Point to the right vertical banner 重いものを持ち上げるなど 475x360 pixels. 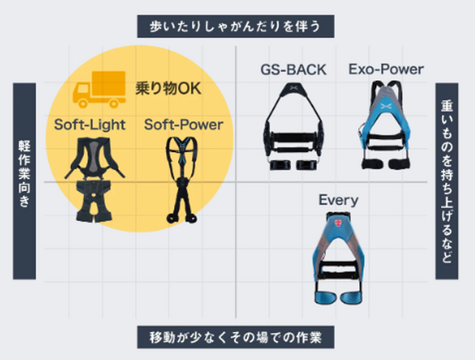[x=446, y=179]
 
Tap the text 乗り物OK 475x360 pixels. [x=164, y=89]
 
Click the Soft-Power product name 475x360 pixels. [x=184, y=124]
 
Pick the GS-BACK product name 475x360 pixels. [x=293, y=70]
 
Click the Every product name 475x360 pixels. [x=339, y=199]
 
